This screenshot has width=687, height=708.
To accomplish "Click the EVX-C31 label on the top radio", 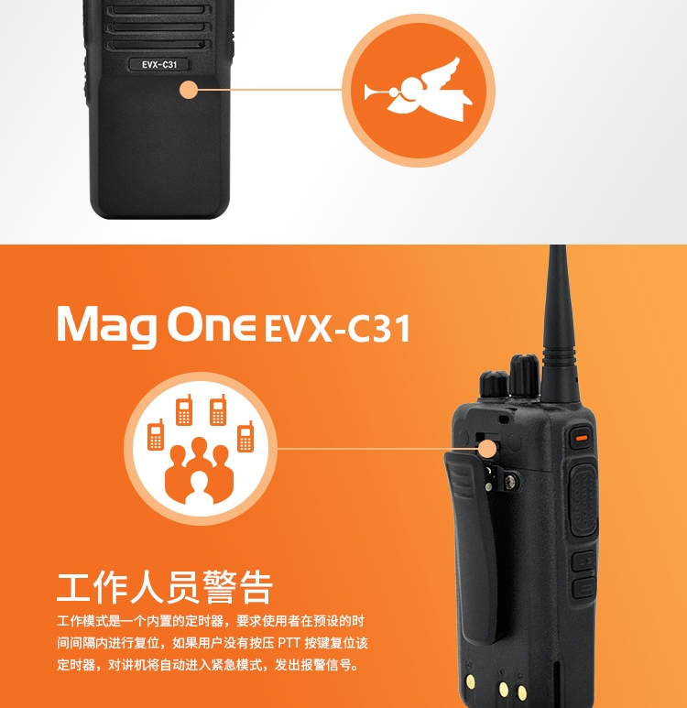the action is click(x=159, y=64).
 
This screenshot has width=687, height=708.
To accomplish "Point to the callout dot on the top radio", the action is click(x=189, y=90).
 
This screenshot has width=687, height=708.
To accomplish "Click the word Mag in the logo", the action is click(x=107, y=326).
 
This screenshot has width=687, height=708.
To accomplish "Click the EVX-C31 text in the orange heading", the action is click(x=337, y=329).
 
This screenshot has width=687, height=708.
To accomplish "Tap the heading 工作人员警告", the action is click(x=165, y=587).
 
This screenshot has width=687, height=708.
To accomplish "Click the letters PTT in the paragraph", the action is click(x=289, y=642).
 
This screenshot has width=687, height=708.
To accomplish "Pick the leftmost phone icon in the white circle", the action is click(x=156, y=434).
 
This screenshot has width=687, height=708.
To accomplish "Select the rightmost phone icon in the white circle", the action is click(x=245, y=436).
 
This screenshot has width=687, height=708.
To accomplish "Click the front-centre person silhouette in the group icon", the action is click(x=199, y=488).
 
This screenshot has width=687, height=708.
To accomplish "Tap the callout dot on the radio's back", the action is click(x=487, y=450).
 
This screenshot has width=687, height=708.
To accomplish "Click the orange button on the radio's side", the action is click(x=582, y=438).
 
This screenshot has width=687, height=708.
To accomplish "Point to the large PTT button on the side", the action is click(x=583, y=501).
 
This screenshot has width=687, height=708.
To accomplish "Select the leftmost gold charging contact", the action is click(x=471, y=681).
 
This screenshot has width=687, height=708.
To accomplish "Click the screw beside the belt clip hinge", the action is click(x=511, y=483).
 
